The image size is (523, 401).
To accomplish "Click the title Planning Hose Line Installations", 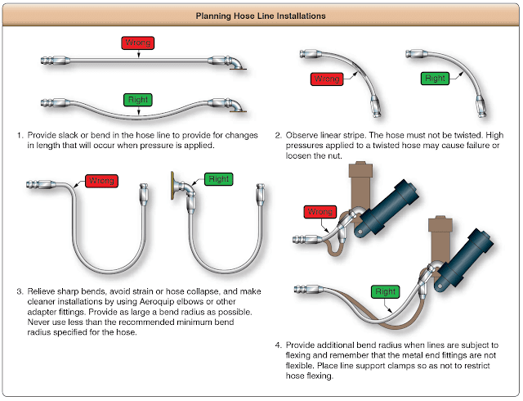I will point(261,16).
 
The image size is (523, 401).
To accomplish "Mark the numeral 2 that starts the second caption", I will point(279,134).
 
